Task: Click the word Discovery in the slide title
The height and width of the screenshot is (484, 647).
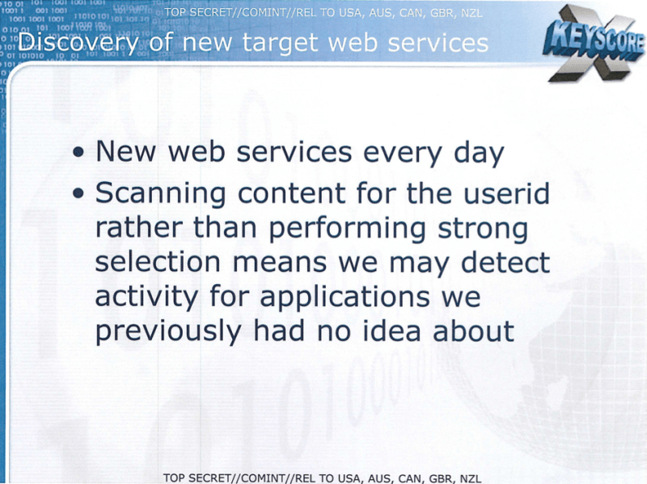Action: point(78,43)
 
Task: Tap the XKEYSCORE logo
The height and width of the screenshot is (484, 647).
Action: point(594,43)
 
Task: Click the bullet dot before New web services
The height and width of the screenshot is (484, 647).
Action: point(78,152)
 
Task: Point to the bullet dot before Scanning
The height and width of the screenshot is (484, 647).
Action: point(78,193)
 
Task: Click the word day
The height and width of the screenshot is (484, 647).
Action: point(479,152)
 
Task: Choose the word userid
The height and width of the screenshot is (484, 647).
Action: point(507,193)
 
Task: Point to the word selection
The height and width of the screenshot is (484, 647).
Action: point(158,262)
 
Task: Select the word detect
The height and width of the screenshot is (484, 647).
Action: point(505,262)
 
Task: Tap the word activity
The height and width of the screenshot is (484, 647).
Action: point(147,298)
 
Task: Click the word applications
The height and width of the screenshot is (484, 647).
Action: point(345,298)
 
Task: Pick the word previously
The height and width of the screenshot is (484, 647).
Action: point(168,333)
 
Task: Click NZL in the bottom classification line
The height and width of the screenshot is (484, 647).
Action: point(471,478)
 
